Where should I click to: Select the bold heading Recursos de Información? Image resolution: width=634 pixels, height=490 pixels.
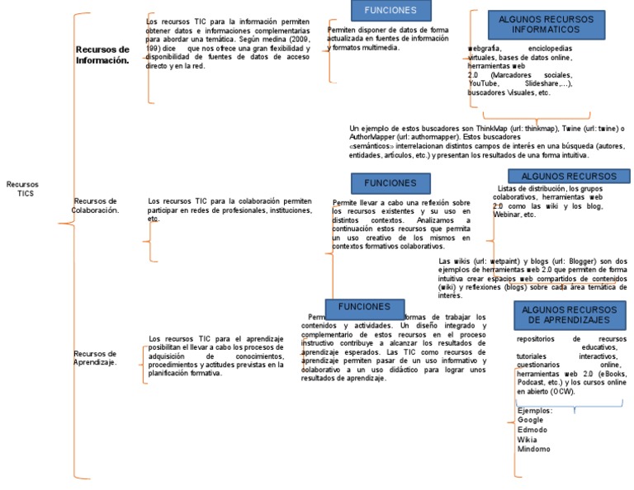(x=102, y=55)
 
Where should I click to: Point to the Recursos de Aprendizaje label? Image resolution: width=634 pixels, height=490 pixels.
(x=95, y=358)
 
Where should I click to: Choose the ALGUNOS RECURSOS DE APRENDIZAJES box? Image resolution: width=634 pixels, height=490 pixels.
(x=570, y=314)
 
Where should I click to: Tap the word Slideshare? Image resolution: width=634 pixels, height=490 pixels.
(x=544, y=83)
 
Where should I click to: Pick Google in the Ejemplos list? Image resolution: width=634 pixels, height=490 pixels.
(x=531, y=420)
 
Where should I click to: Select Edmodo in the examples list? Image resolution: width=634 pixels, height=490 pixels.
(x=532, y=430)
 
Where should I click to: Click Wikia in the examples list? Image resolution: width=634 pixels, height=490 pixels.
(x=527, y=440)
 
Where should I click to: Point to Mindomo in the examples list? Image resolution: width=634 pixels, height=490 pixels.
(x=533, y=450)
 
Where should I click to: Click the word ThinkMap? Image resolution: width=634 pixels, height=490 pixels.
(x=490, y=128)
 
